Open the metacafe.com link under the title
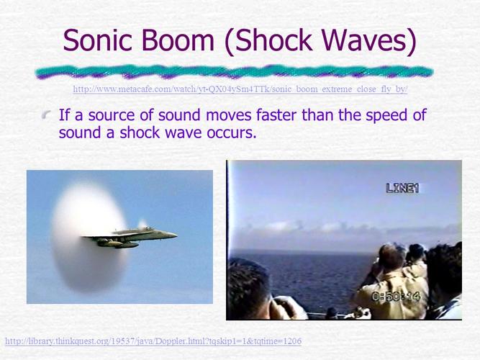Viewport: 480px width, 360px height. tap(240, 89)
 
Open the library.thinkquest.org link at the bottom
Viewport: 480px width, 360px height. tap(153, 341)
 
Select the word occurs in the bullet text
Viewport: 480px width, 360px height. tap(231, 134)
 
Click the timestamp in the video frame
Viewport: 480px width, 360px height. tap(395, 296)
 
